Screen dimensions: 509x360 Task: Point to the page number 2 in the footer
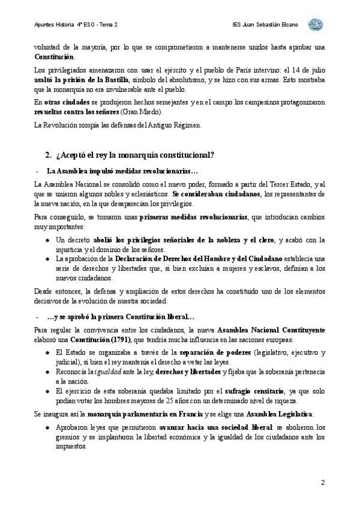click(x=323, y=483)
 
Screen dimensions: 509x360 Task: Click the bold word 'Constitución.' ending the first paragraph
click(x=55, y=57)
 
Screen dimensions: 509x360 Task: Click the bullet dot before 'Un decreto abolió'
click(x=48, y=240)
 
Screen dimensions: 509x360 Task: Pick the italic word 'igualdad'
click(x=106, y=372)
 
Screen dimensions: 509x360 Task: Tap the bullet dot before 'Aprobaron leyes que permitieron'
click(x=48, y=427)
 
